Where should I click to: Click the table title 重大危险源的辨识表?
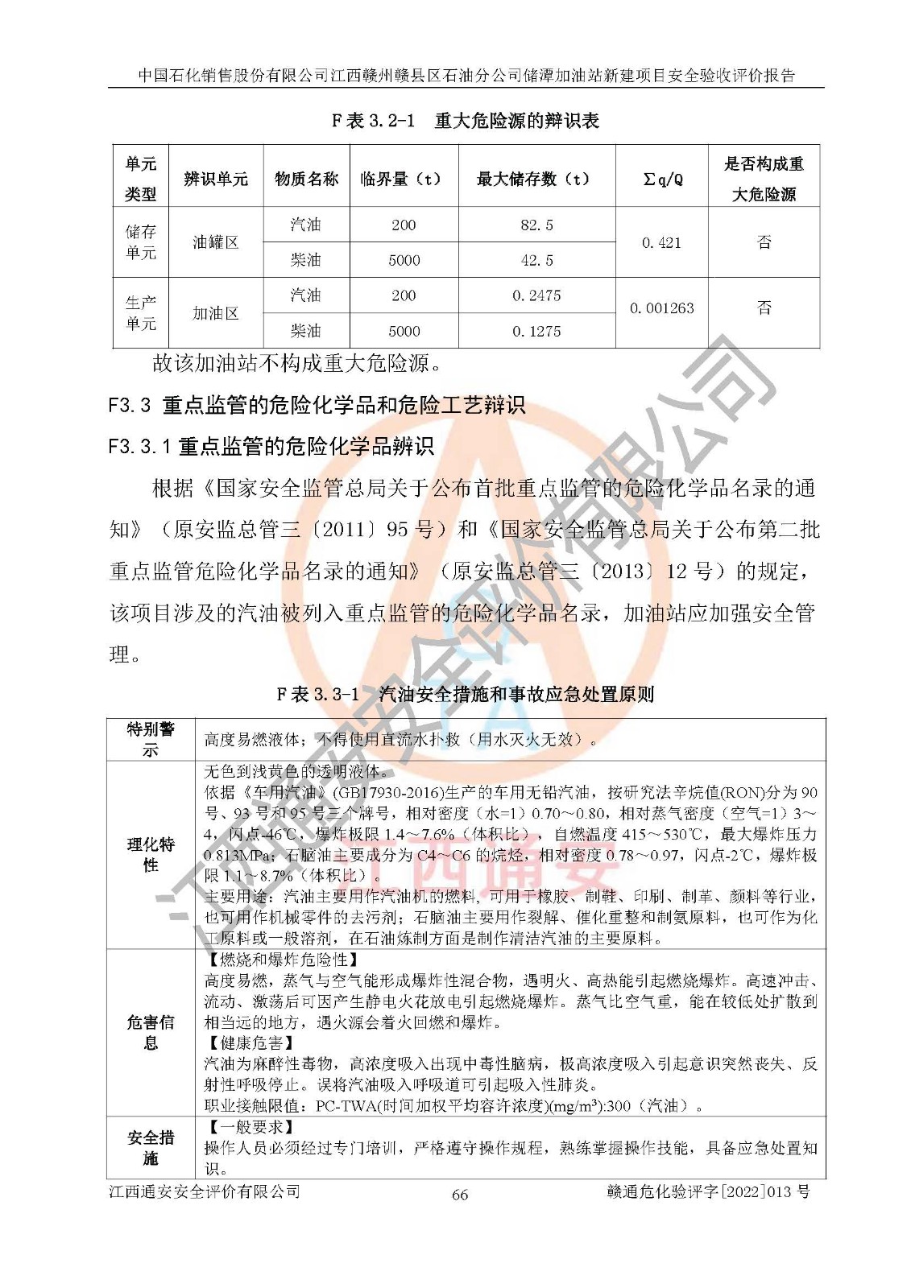(466, 121)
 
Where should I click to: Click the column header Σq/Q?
(662, 179)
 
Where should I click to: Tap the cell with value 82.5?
(536, 225)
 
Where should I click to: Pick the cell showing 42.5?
(536, 261)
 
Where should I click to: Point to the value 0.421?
(661, 243)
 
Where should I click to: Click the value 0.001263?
(661, 308)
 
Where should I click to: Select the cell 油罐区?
(216, 242)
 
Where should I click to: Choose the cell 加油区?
(216, 313)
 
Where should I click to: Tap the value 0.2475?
(536, 296)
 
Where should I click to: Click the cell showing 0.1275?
(536, 332)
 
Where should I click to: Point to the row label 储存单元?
(141, 242)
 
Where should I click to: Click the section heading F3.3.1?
(271, 446)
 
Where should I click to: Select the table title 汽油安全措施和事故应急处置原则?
(465, 694)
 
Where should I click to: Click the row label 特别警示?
(151, 739)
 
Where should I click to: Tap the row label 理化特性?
(151, 855)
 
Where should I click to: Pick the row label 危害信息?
(151, 1032)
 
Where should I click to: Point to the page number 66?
(459, 1195)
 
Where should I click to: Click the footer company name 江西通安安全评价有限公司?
(205, 1191)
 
